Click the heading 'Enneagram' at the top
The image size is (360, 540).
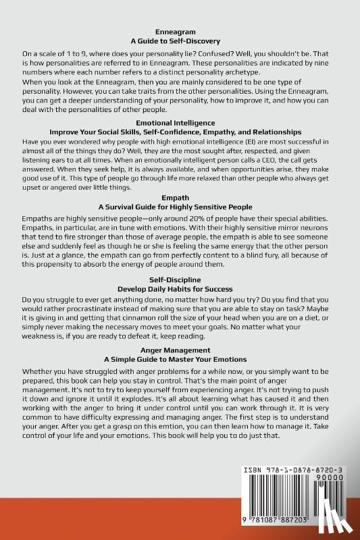pos(180,32)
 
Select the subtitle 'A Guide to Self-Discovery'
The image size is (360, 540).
pos(180,41)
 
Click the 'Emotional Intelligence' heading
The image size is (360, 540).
pos(180,122)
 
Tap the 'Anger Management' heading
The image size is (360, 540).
pos(180,350)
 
